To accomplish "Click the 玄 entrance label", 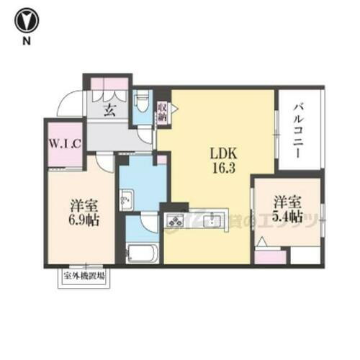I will (x=109, y=110).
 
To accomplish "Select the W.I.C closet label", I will (x=65, y=143).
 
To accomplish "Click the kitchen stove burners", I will (x=175, y=221).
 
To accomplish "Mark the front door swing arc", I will (x=70, y=104).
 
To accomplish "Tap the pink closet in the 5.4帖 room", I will (x=271, y=256).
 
